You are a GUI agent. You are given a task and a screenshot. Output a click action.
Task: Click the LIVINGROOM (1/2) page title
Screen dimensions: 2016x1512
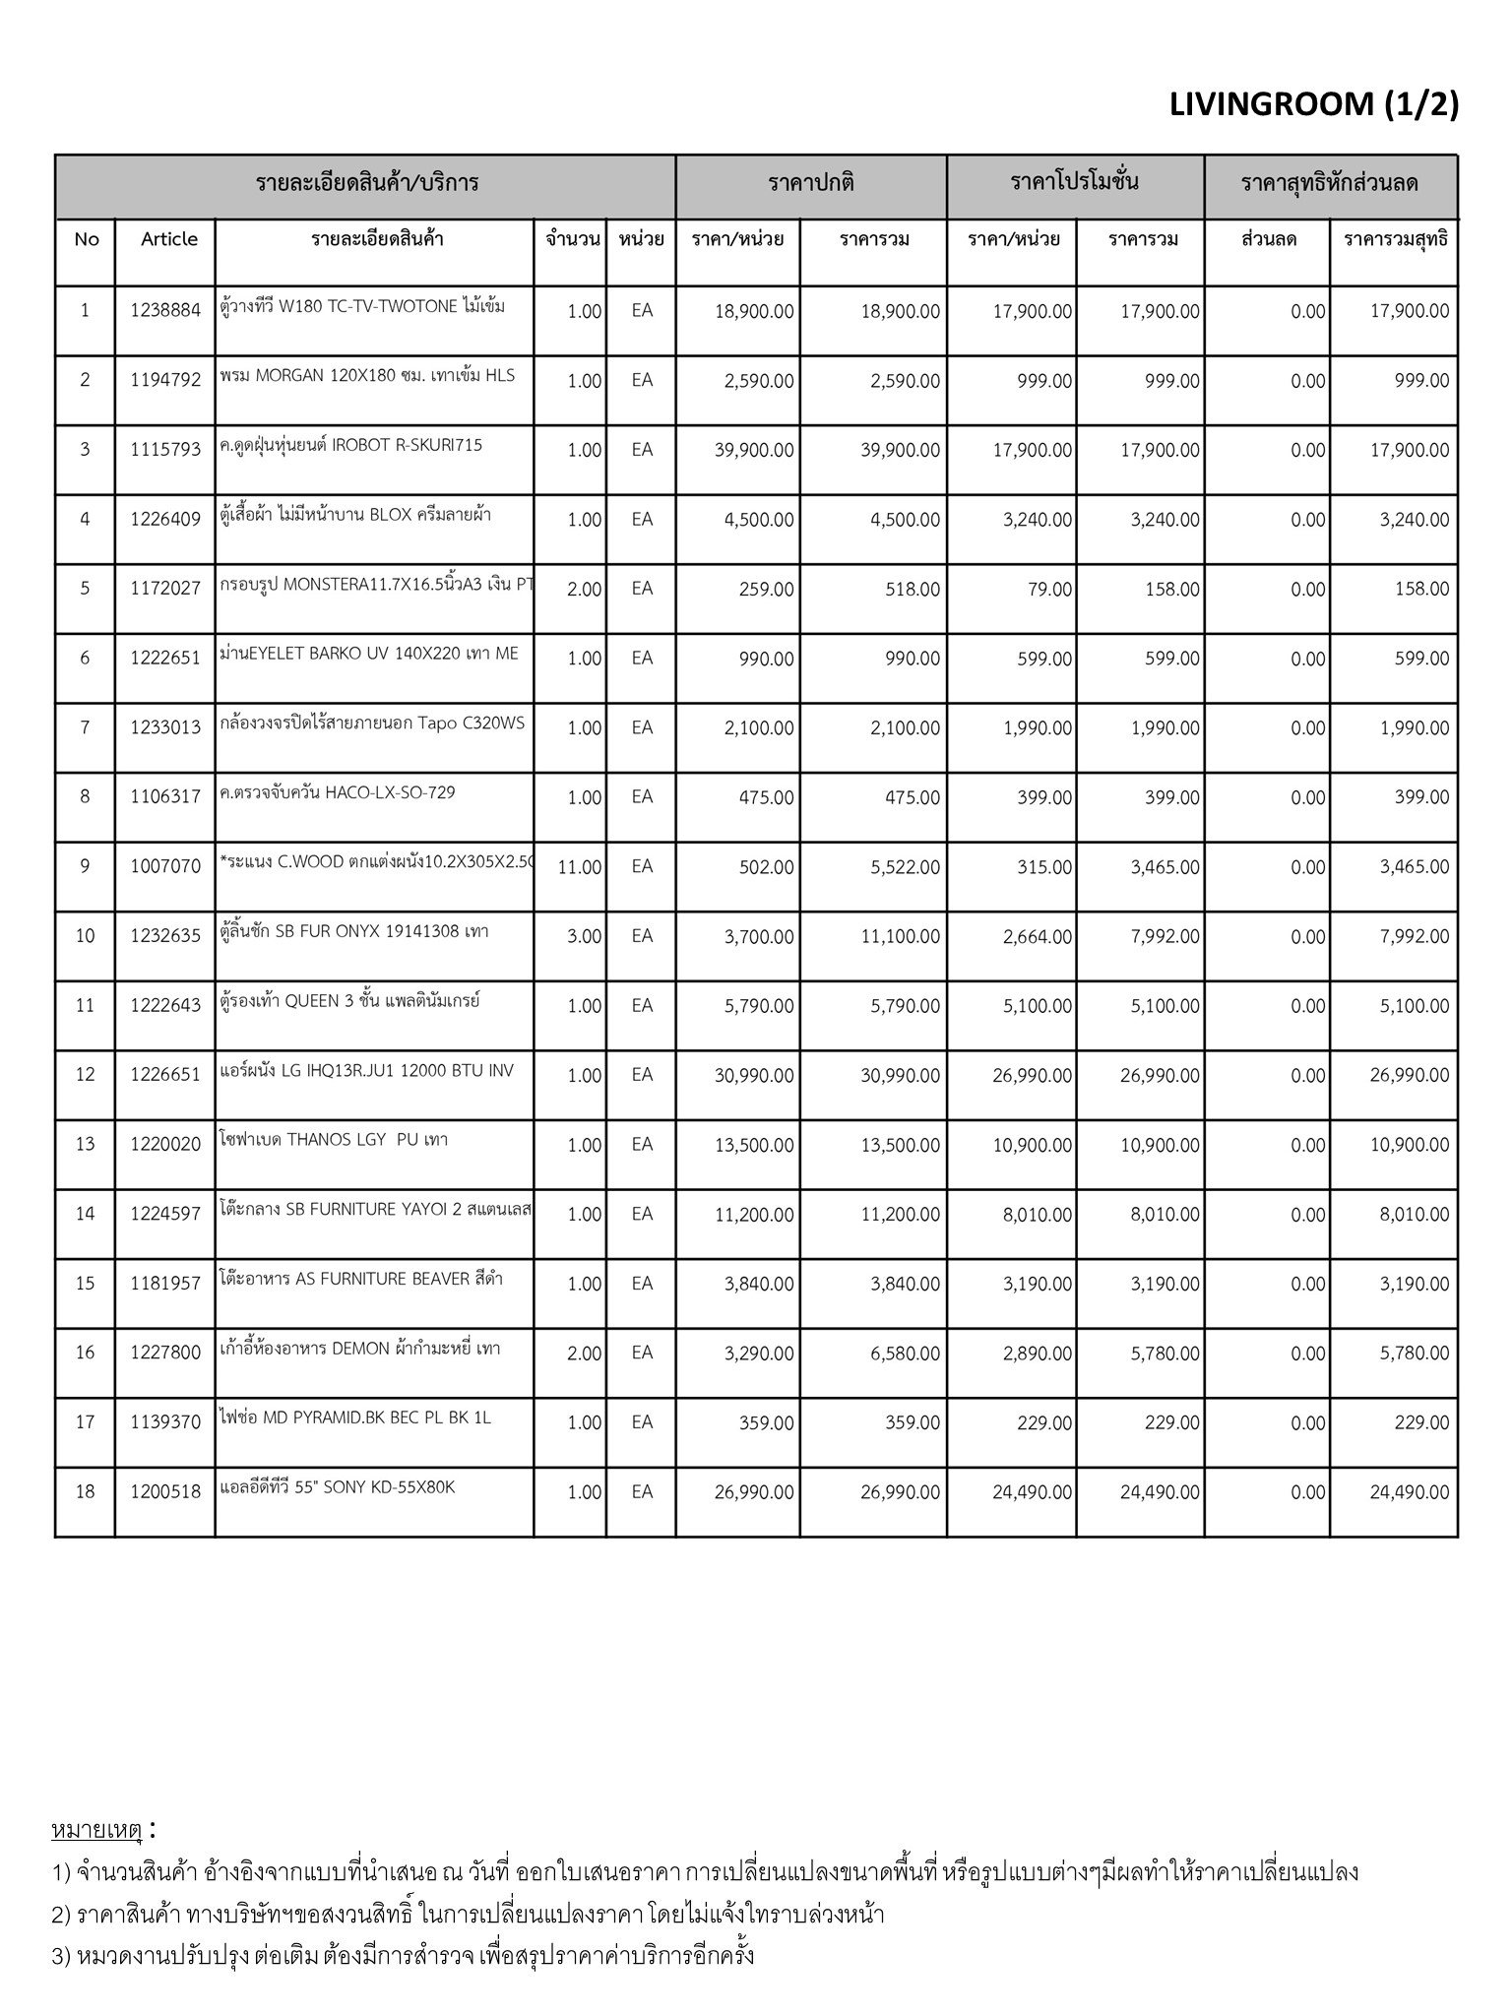tap(1313, 103)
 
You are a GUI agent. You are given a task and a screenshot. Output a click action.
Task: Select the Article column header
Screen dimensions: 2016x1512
tap(168, 239)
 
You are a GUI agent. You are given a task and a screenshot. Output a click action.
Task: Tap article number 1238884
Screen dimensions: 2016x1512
tap(164, 311)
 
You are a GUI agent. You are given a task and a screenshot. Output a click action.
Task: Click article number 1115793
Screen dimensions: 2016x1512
tap(164, 450)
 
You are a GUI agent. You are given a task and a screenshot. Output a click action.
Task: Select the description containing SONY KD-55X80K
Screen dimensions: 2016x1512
tap(338, 1487)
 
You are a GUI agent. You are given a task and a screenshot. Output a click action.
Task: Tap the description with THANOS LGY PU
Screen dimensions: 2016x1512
tap(334, 1140)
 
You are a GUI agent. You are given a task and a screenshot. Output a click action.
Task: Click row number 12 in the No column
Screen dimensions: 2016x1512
tap(86, 1075)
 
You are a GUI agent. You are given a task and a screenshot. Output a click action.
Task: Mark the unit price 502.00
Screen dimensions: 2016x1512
tap(766, 867)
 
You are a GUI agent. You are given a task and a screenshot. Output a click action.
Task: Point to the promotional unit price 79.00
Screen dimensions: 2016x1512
tap(1048, 590)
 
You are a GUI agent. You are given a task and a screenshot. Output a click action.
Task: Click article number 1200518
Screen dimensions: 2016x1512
tap(164, 1492)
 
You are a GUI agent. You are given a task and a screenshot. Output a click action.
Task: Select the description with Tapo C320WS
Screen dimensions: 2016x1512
tap(372, 724)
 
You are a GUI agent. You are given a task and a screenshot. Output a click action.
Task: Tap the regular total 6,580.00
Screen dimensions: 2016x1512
tap(905, 1354)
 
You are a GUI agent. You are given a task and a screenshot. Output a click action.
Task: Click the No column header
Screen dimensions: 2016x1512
tap(87, 239)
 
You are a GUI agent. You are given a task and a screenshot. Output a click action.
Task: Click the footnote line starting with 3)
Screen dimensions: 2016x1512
tap(403, 1954)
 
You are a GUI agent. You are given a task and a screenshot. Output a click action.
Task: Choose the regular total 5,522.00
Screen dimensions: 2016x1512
tap(905, 867)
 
